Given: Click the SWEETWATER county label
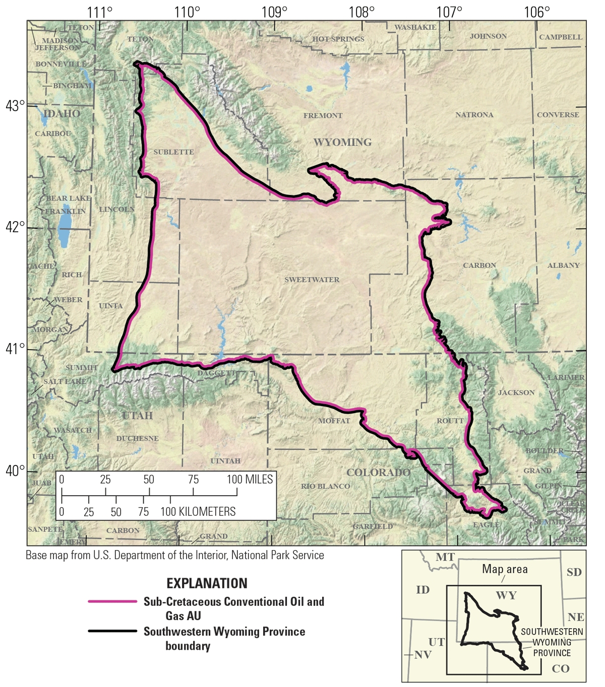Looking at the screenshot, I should [312, 280].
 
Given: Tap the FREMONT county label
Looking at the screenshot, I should [323, 115].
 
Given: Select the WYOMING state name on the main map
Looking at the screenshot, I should [342, 143].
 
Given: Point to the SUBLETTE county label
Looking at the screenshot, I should [173, 152].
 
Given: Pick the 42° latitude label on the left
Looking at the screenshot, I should [15, 228].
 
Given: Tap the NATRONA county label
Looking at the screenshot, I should [474, 115].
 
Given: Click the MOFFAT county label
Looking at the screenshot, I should [334, 421].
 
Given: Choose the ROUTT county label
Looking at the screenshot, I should [450, 421].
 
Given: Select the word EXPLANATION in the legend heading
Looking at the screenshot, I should [207, 583].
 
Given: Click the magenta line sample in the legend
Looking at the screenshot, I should [112, 601].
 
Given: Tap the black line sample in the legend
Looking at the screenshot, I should [112, 631].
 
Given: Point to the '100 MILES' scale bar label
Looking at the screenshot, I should [250, 479].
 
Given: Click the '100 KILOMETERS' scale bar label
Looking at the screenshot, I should [198, 512].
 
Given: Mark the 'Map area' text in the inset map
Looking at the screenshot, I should [505, 569].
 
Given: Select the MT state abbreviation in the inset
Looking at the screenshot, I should [445, 558].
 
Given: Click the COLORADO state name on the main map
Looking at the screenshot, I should [378, 472].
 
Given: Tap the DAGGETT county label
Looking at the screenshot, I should [216, 373].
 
